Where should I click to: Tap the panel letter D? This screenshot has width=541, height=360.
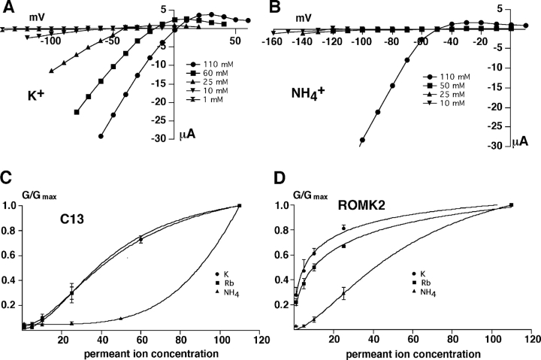[277, 179]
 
